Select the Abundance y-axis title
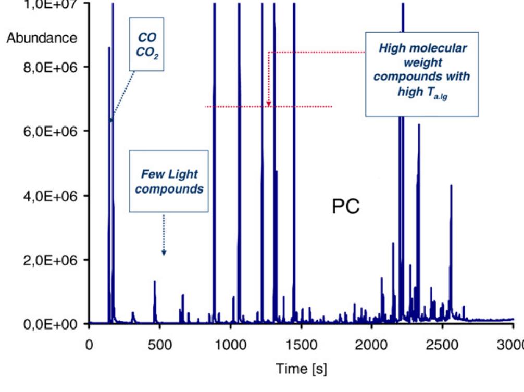(42, 39)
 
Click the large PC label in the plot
(346, 207)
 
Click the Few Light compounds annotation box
(168, 181)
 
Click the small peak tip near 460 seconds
(154, 282)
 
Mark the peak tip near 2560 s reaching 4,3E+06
(451, 186)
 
